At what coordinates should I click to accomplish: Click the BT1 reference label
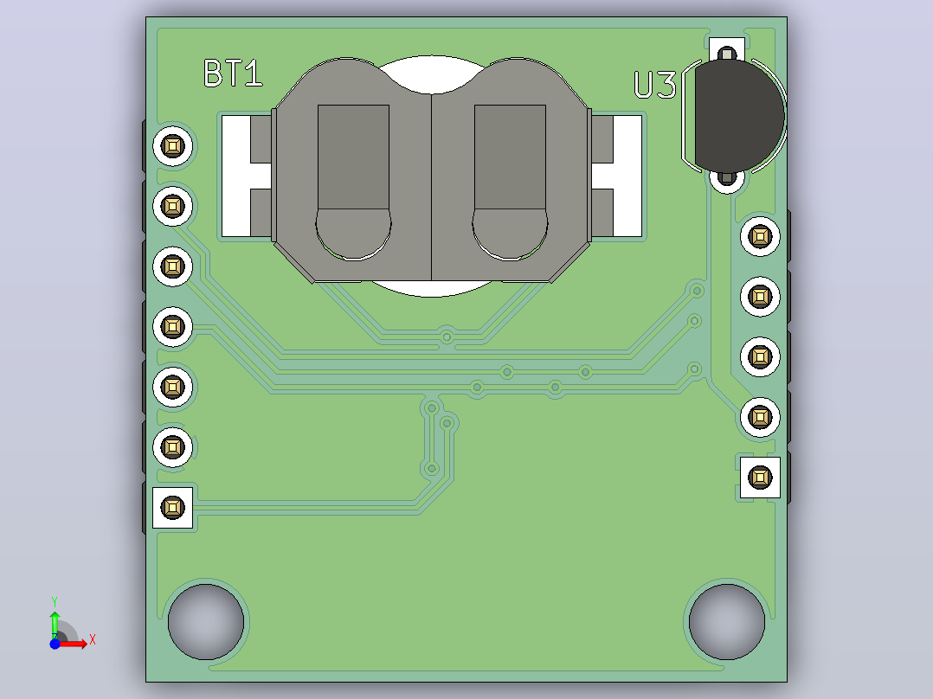coord(233,74)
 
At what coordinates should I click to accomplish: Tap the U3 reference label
coord(655,85)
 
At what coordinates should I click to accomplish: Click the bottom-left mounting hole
coord(206,622)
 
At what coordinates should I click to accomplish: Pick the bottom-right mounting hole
coord(726,622)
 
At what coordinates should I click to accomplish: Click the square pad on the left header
coord(172,508)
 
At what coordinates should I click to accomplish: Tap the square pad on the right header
coord(760,478)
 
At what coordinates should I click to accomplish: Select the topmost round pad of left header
coord(172,145)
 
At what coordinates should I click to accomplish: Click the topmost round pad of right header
coord(760,236)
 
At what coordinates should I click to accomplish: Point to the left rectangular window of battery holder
coord(353,157)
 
